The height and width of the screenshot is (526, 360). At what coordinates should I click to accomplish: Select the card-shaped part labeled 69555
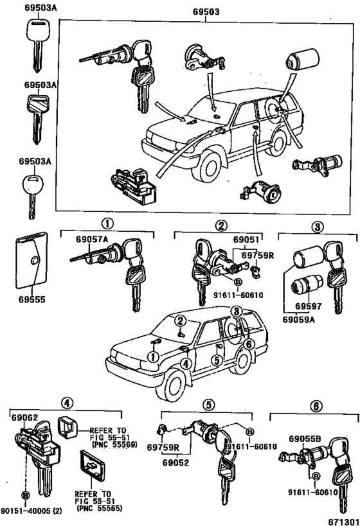[32, 262]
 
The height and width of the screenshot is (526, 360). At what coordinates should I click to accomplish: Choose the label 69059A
[300, 317]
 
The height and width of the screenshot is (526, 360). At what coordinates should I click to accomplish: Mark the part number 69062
[25, 417]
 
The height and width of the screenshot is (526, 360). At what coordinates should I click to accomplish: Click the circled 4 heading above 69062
[66, 403]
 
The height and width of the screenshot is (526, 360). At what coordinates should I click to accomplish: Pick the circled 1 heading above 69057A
[106, 225]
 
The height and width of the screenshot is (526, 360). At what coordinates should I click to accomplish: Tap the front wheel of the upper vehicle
[208, 166]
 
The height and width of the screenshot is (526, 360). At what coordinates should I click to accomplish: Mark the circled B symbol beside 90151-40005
[25, 496]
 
